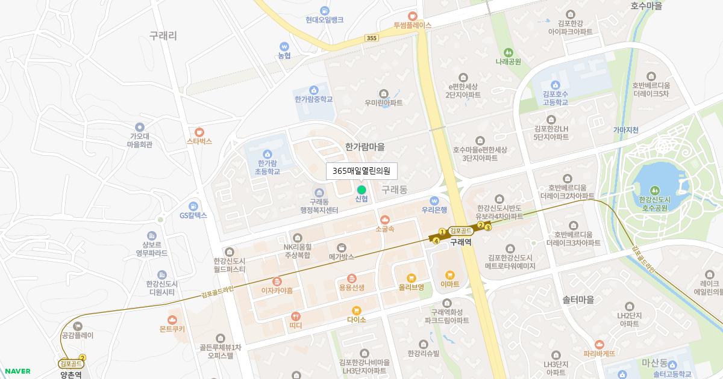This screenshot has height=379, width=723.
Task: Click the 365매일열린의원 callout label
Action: (361, 171)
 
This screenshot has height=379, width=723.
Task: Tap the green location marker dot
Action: (361, 189)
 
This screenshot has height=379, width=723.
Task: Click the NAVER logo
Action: (17, 371)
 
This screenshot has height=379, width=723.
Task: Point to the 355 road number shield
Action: (372, 38)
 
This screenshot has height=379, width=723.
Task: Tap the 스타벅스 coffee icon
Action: (199, 132)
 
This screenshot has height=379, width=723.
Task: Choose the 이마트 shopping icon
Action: (450, 275)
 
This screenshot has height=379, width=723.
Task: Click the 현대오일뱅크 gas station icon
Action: (325, 10)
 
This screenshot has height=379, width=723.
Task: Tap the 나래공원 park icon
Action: (508, 52)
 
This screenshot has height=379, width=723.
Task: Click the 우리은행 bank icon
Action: (434, 201)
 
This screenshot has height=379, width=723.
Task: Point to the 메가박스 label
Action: (342, 256)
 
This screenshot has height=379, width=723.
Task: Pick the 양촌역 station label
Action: (71, 374)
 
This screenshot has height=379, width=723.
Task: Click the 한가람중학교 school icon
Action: (313, 90)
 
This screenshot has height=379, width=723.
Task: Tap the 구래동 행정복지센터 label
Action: (319, 206)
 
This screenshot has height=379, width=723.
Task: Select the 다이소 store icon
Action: (357, 310)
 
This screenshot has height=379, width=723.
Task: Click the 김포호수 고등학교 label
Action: (555, 98)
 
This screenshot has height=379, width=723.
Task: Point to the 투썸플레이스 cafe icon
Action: (413, 16)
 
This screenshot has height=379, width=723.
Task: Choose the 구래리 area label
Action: (163, 36)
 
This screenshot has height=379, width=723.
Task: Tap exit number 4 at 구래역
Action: (436, 241)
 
